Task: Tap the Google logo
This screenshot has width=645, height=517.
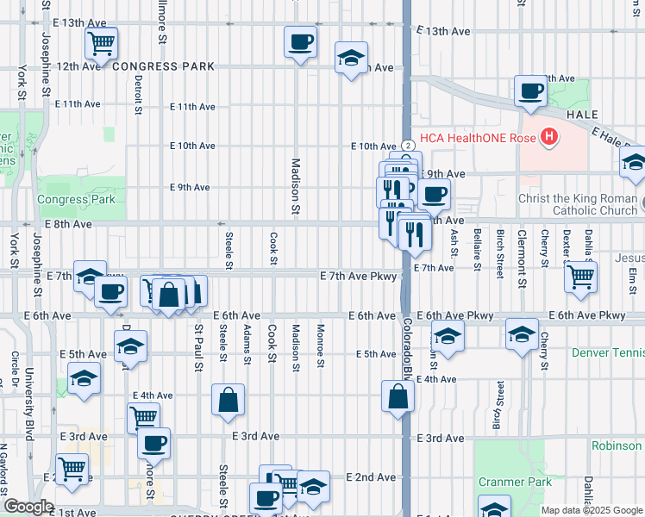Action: coord(28,507)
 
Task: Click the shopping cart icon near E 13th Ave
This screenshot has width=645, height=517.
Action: coord(102,41)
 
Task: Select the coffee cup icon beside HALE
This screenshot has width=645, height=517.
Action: coord(530,90)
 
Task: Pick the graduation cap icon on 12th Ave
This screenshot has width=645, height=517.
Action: coord(351,58)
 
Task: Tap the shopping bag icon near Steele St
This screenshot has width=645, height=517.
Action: coord(227,400)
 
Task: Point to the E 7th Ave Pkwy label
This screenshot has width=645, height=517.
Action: coord(358,277)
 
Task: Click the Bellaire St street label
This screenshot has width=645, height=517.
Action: coord(477,246)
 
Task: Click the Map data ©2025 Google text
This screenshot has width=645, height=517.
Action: coord(592,510)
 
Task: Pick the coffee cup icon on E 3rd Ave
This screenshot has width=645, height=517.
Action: coord(154,443)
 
